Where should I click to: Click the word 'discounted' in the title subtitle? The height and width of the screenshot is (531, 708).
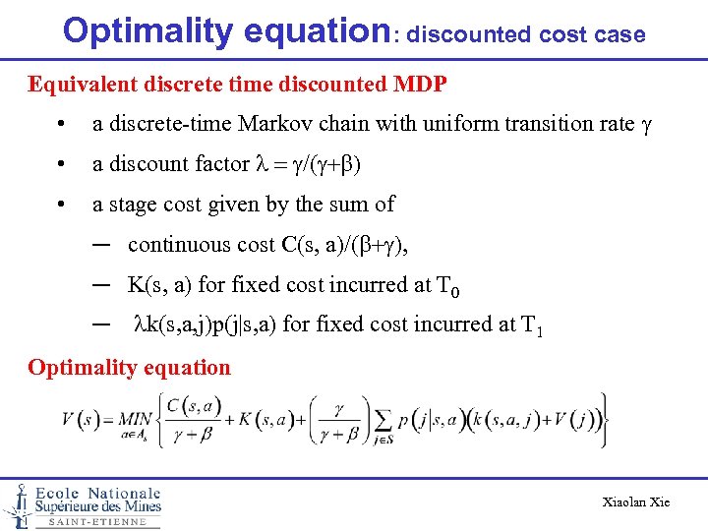tap(470, 34)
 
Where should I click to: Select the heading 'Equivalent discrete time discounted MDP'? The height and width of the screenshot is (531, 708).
tap(238, 84)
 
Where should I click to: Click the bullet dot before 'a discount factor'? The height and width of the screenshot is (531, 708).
tap(61, 164)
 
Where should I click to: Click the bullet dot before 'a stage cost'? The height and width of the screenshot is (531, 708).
tap(61, 205)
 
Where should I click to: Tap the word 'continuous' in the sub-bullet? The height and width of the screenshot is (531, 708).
tap(175, 244)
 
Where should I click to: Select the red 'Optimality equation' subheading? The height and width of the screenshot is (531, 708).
tap(129, 368)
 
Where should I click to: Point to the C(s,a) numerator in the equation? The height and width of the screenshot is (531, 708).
tap(195, 405)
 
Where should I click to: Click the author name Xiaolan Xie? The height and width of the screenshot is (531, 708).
tap(635, 502)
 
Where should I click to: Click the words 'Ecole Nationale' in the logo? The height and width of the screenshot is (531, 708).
tap(97, 493)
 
